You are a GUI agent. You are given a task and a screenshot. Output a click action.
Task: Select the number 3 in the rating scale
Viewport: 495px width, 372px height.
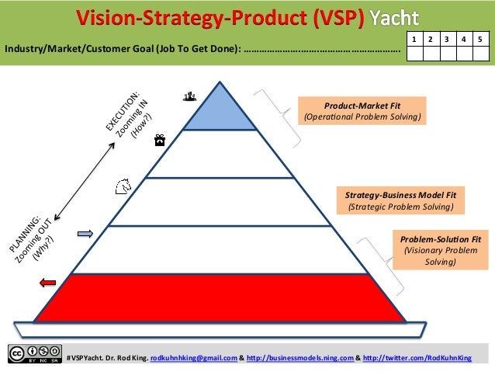point(445,38)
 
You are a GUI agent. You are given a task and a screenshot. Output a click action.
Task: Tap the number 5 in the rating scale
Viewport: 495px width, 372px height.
point(481,38)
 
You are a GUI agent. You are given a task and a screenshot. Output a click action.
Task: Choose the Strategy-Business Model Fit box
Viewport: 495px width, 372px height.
point(400,200)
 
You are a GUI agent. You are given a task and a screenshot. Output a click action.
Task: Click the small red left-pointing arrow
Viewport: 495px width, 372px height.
point(48,283)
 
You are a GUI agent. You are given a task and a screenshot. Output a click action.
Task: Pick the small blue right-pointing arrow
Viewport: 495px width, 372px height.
point(85,234)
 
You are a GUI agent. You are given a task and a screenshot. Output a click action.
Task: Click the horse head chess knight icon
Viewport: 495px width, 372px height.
point(122,186)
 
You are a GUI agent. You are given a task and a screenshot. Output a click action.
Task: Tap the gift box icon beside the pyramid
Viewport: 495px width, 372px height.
point(159,141)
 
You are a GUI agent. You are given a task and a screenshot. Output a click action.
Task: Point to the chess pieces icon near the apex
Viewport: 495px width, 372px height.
point(188,96)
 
